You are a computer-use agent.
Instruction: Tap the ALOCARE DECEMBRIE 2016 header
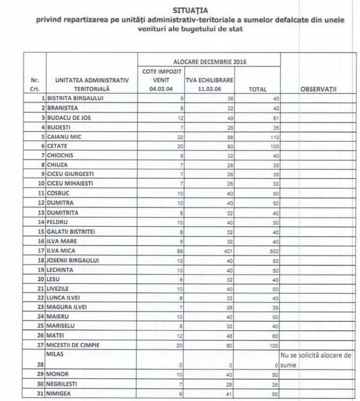point(209,62)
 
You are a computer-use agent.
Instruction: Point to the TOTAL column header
point(258,89)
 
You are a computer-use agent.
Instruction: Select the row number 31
point(41,393)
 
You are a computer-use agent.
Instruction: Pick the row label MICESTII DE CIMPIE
point(73,345)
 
